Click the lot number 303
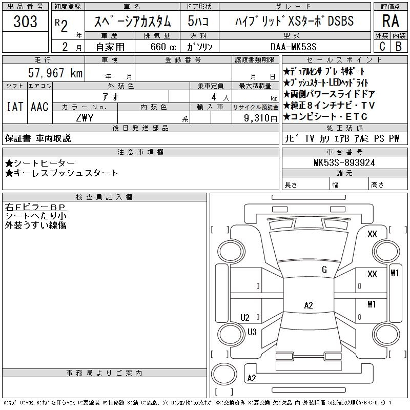[25, 22]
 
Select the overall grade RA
[390, 22]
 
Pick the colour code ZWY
[85, 117]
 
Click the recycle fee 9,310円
[261, 117]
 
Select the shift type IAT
[14, 107]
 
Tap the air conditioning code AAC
[39, 107]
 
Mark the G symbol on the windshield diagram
[324, 270]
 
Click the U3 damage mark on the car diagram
[252, 332]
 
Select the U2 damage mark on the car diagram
[245, 317]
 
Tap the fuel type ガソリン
[200, 47]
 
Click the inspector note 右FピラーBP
[35, 208]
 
